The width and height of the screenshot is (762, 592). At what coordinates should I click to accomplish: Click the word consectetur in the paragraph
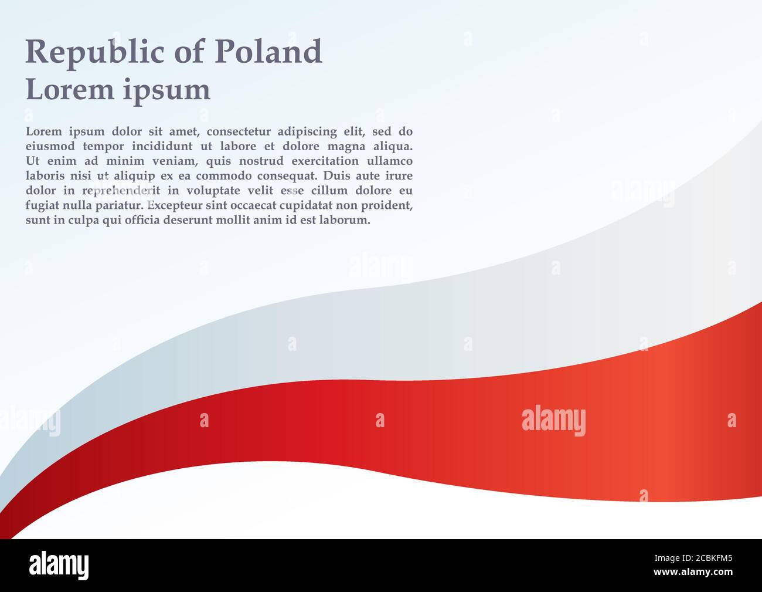(x=238, y=131)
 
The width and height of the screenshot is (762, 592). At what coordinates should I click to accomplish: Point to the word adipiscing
(x=307, y=132)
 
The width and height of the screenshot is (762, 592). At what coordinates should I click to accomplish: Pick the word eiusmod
(x=50, y=146)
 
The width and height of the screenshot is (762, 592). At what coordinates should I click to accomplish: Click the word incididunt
(x=162, y=146)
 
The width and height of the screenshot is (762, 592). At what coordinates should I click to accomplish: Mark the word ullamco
(x=390, y=161)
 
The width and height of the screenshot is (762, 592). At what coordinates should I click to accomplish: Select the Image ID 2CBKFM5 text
(x=693, y=558)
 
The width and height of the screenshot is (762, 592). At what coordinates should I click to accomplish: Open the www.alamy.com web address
(x=693, y=572)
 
